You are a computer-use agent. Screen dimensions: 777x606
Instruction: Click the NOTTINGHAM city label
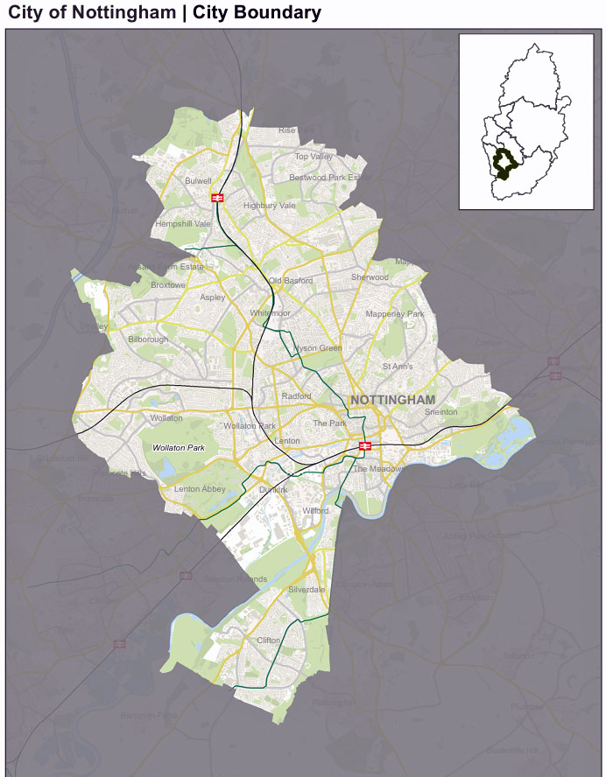392,400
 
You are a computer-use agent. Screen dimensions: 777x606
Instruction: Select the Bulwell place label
199,181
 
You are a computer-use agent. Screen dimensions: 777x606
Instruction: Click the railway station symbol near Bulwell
216,198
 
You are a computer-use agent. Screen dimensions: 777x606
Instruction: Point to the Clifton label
268,640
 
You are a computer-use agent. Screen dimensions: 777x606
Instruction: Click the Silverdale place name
307,591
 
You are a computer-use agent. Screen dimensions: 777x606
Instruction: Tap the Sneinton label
440,412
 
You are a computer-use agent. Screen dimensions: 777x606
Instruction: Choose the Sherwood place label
370,277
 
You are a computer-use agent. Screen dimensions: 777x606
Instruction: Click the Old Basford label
291,281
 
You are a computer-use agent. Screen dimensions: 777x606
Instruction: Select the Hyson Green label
319,348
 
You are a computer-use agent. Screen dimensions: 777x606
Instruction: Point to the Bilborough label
148,339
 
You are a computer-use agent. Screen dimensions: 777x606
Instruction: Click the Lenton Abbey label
200,489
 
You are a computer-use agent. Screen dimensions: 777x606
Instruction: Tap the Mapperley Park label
394,314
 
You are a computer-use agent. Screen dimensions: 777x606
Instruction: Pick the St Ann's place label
398,367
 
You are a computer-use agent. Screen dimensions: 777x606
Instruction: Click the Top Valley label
314,157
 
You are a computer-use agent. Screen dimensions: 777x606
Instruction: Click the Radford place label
296,396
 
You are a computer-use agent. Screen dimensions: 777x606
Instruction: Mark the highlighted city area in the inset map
504,164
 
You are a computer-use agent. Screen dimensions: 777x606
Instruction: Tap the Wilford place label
314,510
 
